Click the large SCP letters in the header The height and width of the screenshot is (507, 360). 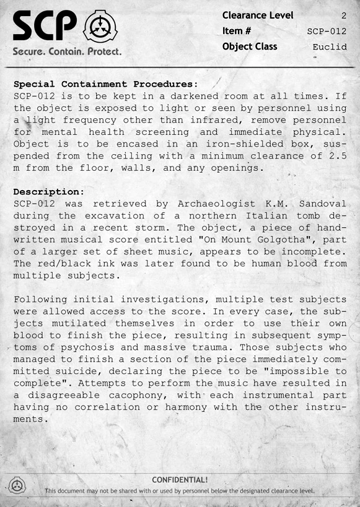tap(45, 26)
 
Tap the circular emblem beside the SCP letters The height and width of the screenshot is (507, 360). tap(100, 25)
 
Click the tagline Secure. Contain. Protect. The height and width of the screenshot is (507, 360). tap(67, 52)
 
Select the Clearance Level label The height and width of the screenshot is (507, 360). tap(258, 15)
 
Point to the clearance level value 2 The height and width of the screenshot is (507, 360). tap(344, 15)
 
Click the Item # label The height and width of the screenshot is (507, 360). tap(237, 31)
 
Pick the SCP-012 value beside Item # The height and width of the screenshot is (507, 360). tap(327, 31)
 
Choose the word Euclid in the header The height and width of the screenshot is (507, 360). tap(330, 46)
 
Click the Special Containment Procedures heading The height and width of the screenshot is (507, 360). tap(105, 84)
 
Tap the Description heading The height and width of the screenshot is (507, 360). tap(48, 192)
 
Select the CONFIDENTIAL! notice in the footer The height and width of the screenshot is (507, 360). tap(180, 479)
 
